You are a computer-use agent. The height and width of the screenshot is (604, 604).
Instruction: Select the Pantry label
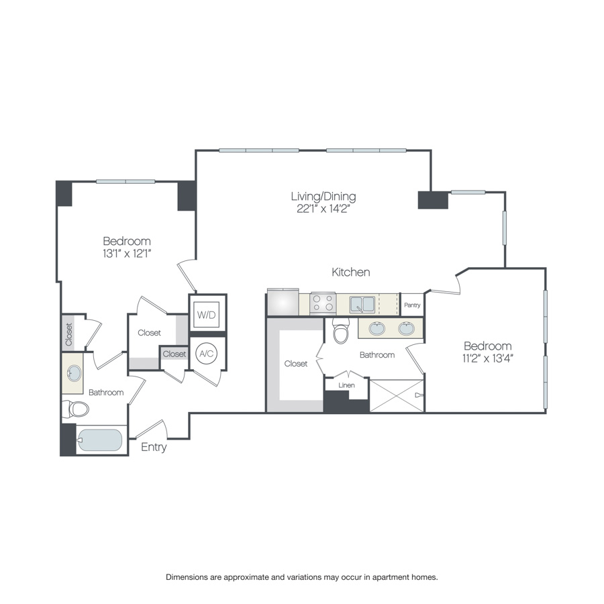pyautogui.click(x=412, y=305)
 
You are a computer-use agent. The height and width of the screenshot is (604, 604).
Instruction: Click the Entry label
pyautogui.click(x=154, y=447)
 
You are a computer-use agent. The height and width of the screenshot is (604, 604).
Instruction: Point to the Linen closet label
pyautogui.click(x=346, y=385)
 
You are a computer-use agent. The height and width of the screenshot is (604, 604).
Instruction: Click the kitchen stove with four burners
pyautogui.click(x=323, y=303)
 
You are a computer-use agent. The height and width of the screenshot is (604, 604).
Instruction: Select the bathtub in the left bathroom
pyautogui.click(x=100, y=440)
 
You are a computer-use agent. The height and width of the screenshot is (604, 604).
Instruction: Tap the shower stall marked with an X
pyautogui.click(x=397, y=395)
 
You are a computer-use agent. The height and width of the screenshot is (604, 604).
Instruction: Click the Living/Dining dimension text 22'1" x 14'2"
pyautogui.click(x=323, y=209)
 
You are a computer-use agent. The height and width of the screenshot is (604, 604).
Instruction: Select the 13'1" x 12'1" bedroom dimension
pyautogui.click(x=126, y=253)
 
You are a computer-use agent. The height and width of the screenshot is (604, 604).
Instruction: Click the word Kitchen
pyautogui.click(x=351, y=272)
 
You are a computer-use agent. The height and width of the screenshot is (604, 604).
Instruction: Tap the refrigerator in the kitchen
pyautogui.click(x=283, y=303)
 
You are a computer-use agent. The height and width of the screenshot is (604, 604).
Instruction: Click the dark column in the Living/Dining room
pyautogui.click(x=432, y=200)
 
